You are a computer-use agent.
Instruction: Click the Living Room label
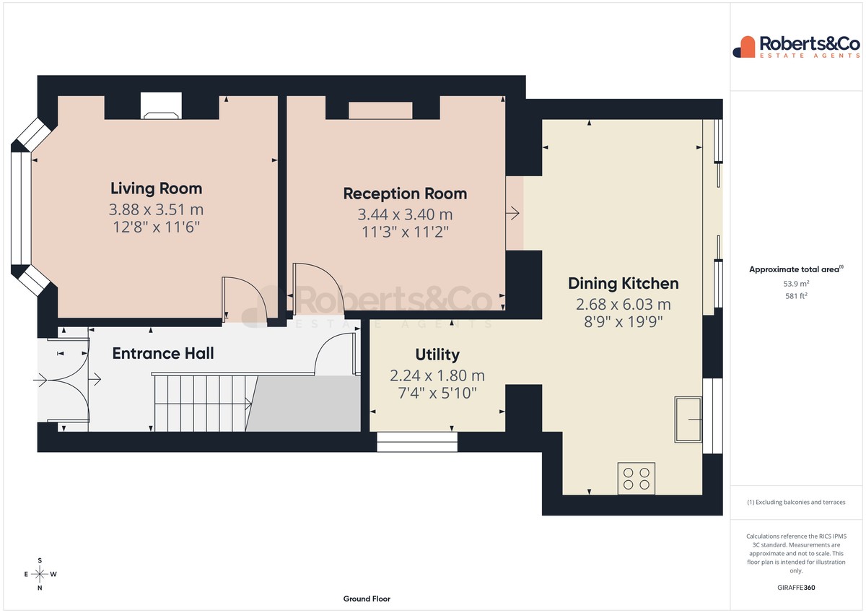click(156, 188)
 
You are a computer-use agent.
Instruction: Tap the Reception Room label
click(405, 194)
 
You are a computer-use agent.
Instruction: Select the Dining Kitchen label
click(624, 284)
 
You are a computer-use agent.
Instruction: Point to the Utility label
click(437, 355)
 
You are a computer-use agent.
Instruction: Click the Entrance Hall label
click(163, 353)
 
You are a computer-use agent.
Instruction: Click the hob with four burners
click(637, 479)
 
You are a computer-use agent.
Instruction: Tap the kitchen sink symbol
click(688, 419)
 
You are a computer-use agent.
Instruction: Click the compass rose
click(40, 574)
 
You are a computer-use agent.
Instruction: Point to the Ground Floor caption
click(367, 599)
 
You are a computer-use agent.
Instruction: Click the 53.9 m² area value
click(796, 284)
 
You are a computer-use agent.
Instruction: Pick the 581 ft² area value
click(796, 296)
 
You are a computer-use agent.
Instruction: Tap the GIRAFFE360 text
click(796, 588)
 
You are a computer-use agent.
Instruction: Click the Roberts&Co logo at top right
click(797, 47)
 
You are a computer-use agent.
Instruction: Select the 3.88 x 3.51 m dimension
click(156, 209)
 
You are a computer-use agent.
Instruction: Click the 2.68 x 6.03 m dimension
click(624, 305)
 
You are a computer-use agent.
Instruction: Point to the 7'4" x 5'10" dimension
click(437, 393)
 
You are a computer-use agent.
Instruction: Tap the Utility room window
click(417, 442)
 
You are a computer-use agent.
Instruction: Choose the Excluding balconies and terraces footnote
click(796, 502)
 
